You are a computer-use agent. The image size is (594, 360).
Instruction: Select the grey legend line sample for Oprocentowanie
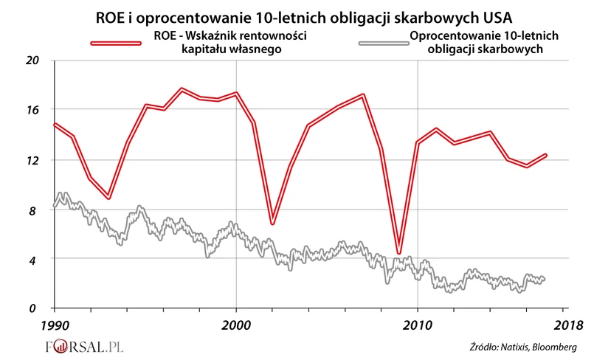click(x=383, y=43)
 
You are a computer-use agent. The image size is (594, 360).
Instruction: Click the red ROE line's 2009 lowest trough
click(x=399, y=253)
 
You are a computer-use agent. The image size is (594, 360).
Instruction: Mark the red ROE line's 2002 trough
click(x=272, y=223)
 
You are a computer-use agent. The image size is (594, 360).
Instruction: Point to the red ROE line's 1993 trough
click(x=109, y=198)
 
